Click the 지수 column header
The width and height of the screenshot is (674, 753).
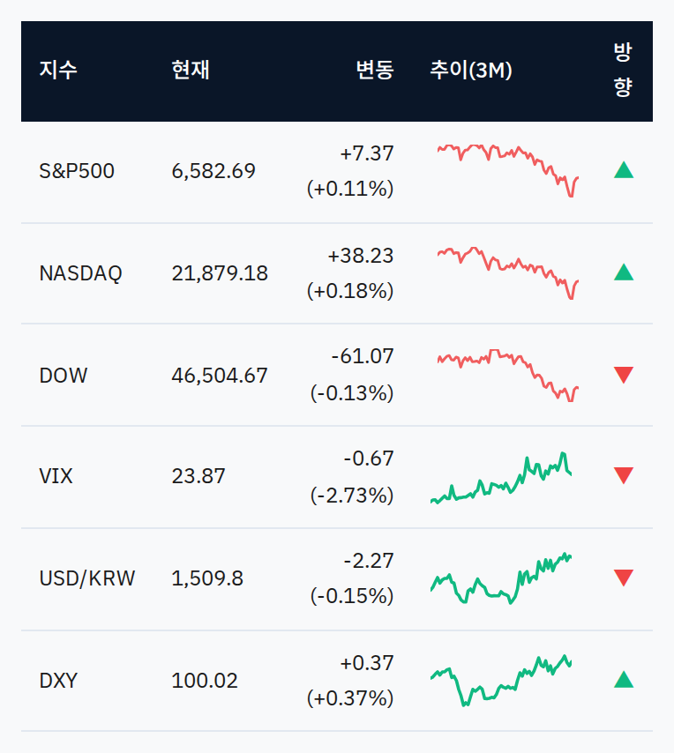(58, 70)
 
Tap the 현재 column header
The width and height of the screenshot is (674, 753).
(191, 70)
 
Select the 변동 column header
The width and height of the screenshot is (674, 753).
(375, 70)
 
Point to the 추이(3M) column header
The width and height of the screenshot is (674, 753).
(471, 71)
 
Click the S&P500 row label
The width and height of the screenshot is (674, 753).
(77, 171)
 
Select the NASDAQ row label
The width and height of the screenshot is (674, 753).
(80, 273)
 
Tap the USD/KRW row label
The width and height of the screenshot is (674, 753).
(87, 578)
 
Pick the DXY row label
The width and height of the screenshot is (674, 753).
(58, 681)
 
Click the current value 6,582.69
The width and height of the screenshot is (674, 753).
(213, 171)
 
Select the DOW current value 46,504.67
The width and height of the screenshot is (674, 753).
(220, 376)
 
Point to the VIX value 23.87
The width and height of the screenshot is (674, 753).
(198, 476)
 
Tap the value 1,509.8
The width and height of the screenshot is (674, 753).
(207, 578)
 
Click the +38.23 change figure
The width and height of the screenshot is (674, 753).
(360, 256)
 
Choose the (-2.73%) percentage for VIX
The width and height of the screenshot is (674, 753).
(352, 496)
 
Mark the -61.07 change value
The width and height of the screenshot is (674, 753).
(363, 356)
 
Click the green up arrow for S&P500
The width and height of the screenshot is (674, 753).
(624, 170)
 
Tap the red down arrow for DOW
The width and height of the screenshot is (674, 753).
(624, 375)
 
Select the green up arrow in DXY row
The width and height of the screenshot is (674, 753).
(624, 680)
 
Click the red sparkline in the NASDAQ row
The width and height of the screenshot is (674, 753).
(508, 272)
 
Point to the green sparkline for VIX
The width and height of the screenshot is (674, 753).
(501, 478)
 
